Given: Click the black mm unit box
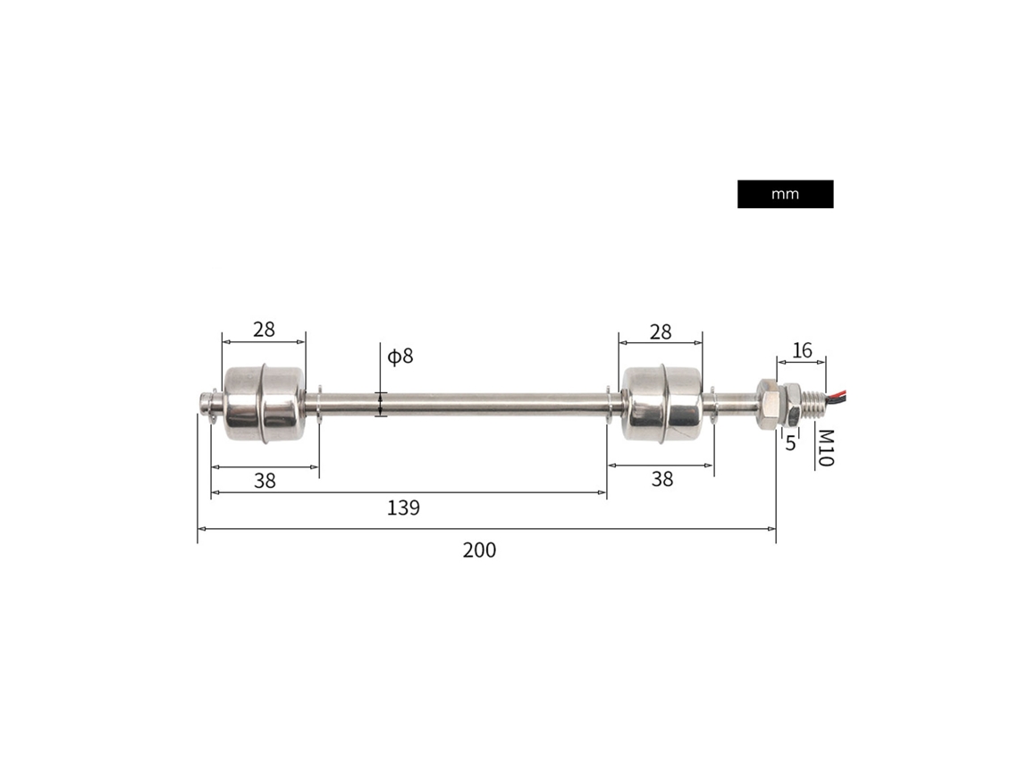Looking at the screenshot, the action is click(785, 194).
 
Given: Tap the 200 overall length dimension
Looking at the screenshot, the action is click(480, 550).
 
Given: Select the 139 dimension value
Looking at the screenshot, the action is click(403, 508).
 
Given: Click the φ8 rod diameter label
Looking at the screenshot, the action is click(400, 356).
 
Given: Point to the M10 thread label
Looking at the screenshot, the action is click(825, 448).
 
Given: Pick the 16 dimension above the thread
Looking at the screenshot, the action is click(802, 350).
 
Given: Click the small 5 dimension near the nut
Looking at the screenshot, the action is click(790, 443).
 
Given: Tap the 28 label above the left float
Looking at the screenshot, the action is click(264, 330).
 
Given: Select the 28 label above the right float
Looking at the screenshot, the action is click(661, 332).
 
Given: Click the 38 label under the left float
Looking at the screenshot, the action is click(265, 481).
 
